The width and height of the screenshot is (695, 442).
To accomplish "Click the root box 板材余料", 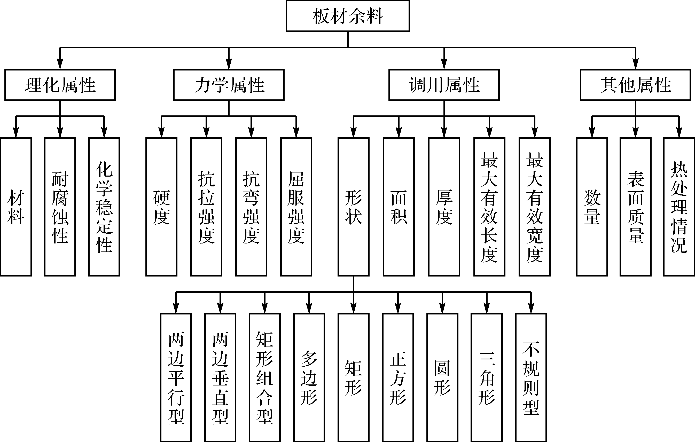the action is pos(348,16).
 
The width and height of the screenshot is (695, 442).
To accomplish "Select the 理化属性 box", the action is pos(60,85).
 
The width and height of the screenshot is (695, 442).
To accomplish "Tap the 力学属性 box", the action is pos(229,85).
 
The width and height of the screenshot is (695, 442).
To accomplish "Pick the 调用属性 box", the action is pos(444,85).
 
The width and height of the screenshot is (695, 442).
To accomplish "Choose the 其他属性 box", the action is pos(636,85).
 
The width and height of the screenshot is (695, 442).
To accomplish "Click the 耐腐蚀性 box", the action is pos(60,207).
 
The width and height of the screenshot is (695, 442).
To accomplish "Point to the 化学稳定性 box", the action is pos(104,207).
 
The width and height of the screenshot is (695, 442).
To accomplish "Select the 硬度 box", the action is pos(162,207).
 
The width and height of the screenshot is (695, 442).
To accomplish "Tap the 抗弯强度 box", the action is pos(251,207).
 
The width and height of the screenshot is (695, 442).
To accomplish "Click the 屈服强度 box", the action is pos(296,207).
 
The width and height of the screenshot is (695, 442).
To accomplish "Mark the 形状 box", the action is pos(354,207).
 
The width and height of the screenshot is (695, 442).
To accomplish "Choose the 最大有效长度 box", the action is pos(489,207).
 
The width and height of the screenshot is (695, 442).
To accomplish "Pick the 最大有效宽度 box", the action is pos(535,207).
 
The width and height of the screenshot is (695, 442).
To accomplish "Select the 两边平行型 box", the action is pos(176,378).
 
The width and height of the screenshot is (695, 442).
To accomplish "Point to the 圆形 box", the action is pos(442,378).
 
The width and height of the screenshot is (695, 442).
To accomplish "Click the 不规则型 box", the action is pos(531,378).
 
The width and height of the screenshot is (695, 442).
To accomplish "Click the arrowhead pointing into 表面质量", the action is pos(636,132).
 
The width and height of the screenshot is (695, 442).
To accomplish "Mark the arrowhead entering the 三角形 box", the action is pos(487,308).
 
